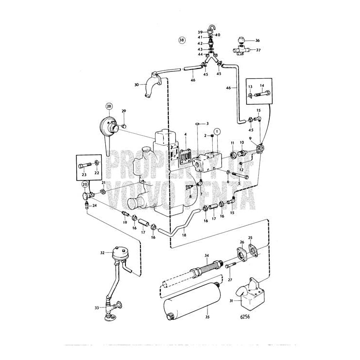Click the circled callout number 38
click(181, 40)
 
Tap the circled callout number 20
click(85, 184)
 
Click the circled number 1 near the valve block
click(217, 131)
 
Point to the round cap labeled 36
click(242, 40)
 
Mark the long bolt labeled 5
click(239, 176)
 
